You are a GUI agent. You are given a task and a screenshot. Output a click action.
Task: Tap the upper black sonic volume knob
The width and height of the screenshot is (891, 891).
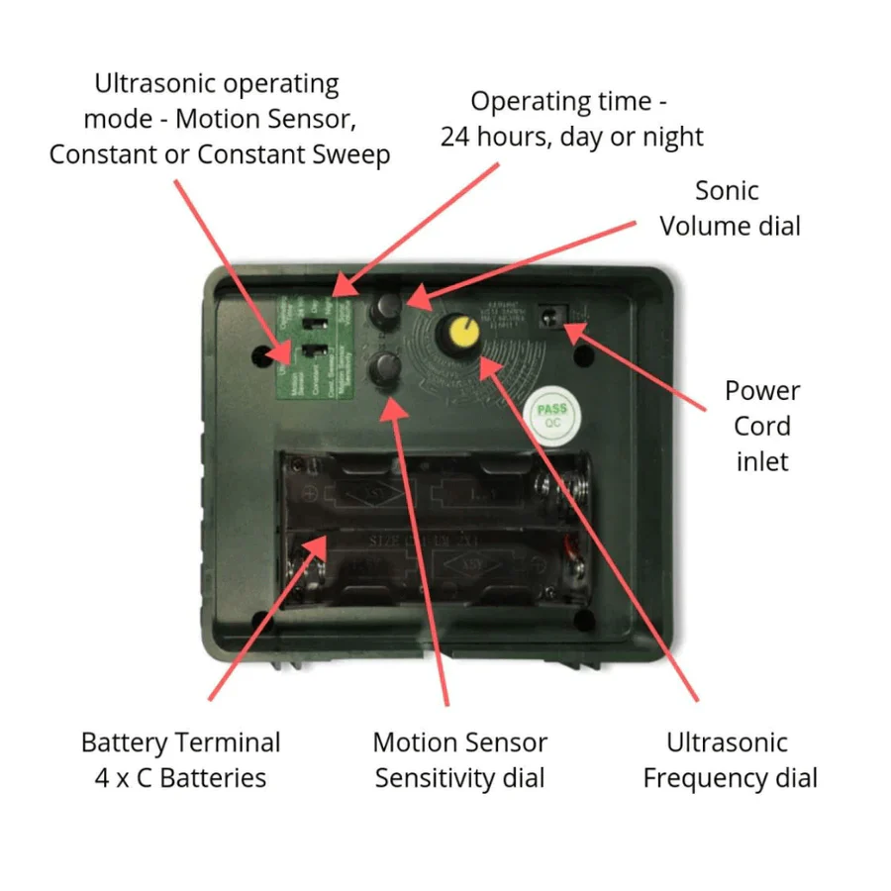[x=385, y=308]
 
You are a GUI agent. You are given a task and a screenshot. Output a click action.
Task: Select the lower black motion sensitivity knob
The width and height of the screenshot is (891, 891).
[x=385, y=369]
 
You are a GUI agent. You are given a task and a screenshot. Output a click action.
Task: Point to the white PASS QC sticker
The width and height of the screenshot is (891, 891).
[x=551, y=413]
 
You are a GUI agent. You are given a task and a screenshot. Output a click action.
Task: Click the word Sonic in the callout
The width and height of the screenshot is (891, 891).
[x=727, y=190]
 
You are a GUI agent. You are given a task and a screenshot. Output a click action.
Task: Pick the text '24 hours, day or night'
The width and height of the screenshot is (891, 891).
[x=571, y=137]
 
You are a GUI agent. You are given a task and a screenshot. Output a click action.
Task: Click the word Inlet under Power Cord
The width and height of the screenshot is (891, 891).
[x=762, y=461]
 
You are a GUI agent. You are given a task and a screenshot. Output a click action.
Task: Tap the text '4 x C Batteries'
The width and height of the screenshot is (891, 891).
[x=180, y=778]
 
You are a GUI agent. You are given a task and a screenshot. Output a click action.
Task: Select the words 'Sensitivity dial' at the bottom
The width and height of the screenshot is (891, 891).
[x=459, y=778]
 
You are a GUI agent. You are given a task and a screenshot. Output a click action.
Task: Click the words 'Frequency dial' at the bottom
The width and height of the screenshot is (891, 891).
[x=730, y=778]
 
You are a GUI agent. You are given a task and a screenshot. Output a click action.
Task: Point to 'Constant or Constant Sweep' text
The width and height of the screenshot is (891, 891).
[x=219, y=154]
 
